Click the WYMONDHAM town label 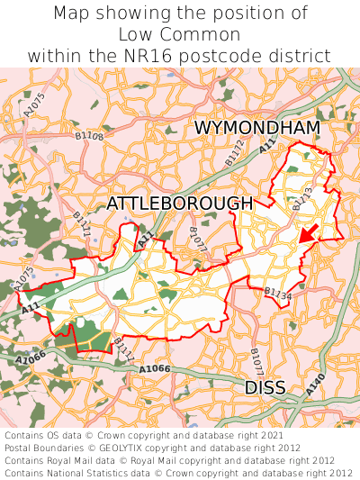click(x=256, y=128)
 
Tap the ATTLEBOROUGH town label click(x=179, y=204)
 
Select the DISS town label click(x=265, y=387)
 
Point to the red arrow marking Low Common click(x=308, y=233)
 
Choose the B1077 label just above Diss click(x=256, y=361)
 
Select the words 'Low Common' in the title click(x=180, y=34)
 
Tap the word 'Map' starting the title click(x=70, y=14)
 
